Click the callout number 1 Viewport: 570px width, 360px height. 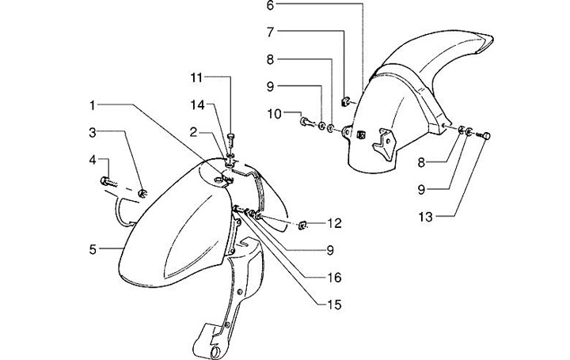pyautogui.click(x=93, y=104)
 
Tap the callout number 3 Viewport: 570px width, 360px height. pyautogui.click(x=93, y=131)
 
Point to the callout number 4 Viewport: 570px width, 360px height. pyautogui.click(x=93, y=161)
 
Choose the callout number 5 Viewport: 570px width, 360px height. pyautogui.click(x=93, y=249)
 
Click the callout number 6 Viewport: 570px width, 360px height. pyautogui.click(x=269, y=6)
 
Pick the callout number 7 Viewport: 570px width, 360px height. pyautogui.click(x=269, y=32)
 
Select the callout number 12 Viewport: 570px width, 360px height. pyautogui.click(x=335, y=223)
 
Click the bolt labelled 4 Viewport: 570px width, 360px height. pyautogui.click(x=108, y=181)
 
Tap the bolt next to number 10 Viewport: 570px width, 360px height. pyautogui.click(x=305, y=121)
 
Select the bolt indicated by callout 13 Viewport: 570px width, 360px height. pyautogui.click(x=486, y=137)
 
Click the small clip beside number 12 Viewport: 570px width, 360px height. pyautogui.click(x=302, y=225)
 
